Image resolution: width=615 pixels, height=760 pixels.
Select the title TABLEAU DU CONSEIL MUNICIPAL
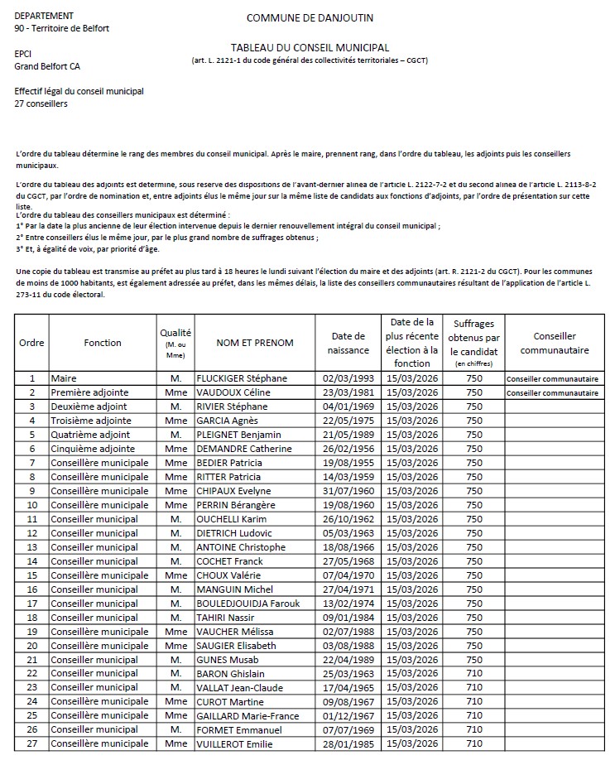coord(310,48)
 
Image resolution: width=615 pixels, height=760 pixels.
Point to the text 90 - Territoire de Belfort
coord(62,28)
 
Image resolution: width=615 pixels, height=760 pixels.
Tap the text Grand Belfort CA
coord(47,65)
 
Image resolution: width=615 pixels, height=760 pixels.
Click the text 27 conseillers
coord(41,103)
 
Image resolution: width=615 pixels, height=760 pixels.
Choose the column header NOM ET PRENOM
coord(254,342)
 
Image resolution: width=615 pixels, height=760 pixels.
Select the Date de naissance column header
coord(348,342)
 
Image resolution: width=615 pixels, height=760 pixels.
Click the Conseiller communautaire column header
coord(555,342)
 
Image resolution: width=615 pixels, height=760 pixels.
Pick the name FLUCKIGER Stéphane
coord(243,378)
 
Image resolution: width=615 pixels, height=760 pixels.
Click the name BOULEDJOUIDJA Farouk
coord(253,604)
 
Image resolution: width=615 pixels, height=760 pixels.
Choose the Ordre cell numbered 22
coord(31,674)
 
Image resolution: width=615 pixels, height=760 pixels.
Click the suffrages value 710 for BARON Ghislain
coord(473,674)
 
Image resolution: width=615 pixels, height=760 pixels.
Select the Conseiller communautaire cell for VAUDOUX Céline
coord(552,392)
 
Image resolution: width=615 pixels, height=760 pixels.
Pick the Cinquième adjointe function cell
coord(92,449)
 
